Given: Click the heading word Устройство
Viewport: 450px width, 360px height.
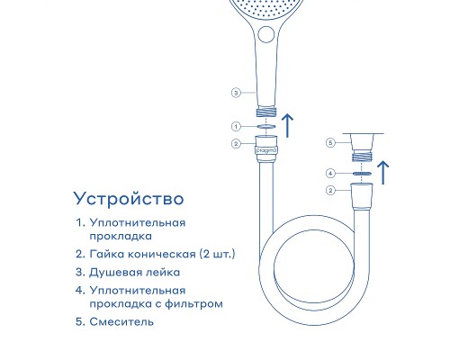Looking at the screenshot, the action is point(129,199).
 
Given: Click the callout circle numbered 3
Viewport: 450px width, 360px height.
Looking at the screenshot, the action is point(236,93).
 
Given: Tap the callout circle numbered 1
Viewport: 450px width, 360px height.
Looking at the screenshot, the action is point(236,127).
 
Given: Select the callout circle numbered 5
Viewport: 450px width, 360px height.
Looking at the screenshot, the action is point(330,142).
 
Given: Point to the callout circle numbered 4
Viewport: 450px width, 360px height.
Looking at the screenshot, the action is point(330,174).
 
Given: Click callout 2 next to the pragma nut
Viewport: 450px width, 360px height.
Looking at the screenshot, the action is point(236,144).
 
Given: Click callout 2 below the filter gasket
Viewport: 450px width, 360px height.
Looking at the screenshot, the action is point(330,190).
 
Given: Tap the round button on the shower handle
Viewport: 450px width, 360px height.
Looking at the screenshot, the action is point(266,34).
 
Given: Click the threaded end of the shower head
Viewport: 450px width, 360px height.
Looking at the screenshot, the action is point(266,112).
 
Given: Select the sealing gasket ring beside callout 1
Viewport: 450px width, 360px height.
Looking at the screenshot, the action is point(266,126).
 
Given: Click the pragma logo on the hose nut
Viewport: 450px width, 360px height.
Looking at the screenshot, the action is point(265,151).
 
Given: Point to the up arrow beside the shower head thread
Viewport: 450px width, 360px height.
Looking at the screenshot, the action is point(288,126).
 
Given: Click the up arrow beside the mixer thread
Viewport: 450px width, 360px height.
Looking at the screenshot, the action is point(383,173).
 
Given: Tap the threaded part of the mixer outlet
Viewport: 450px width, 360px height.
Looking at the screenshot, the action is point(362,157).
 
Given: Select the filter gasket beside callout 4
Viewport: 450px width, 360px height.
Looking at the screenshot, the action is point(362,174).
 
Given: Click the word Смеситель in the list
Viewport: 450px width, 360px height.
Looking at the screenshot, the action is point(121,322).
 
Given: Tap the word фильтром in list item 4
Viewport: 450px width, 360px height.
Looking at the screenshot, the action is point(193,304).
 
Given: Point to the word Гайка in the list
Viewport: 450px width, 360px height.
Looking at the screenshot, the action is point(106,254).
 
